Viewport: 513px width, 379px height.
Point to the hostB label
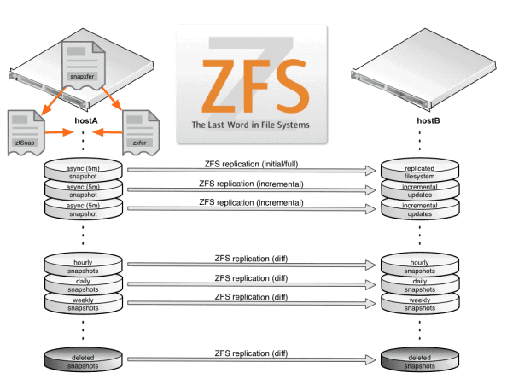(x=428, y=121)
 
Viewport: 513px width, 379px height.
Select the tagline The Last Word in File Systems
(x=250, y=125)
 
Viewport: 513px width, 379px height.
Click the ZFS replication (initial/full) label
(x=252, y=163)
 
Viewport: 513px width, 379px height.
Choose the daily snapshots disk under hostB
(x=419, y=284)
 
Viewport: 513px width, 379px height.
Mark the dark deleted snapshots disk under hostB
(x=419, y=359)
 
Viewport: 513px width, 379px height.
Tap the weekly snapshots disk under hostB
(x=419, y=304)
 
